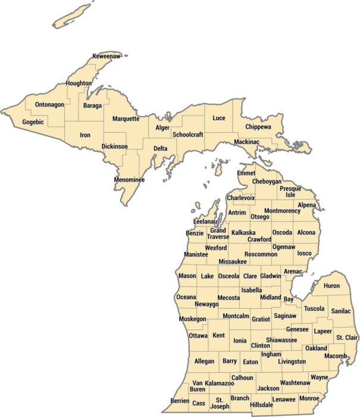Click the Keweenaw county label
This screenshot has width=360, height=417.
(107, 56)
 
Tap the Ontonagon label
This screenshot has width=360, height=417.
(49, 105)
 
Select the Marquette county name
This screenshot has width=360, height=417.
(126, 119)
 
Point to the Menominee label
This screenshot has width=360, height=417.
(130, 179)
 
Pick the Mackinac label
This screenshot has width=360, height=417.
(246, 142)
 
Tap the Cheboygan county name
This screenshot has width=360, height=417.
(267, 181)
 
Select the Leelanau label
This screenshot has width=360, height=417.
(205, 222)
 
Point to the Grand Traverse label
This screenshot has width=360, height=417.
(218, 234)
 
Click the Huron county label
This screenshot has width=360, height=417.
(331, 286)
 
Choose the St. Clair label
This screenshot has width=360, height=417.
(346, 338)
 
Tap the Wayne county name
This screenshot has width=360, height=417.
(319, 377)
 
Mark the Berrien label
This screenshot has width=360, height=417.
(180, 401)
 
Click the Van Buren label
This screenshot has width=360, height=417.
(198, 386)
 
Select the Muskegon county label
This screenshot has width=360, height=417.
(192, 319)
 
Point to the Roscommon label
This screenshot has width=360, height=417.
(261, 254)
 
